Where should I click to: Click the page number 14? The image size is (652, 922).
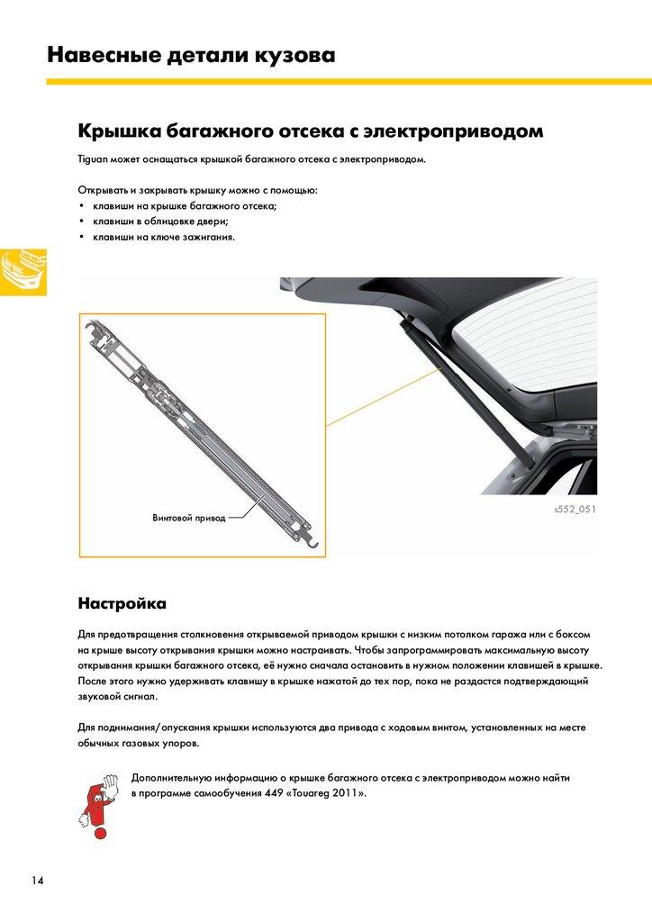tap(37, 879)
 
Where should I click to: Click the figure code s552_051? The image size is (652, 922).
tap(575, 510)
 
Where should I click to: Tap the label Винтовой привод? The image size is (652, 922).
tap(189, 518)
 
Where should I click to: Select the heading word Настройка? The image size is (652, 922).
tap(122, 601)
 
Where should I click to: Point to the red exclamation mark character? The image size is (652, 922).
tap(94, 801)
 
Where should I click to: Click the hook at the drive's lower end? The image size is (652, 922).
tap(312, 538)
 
